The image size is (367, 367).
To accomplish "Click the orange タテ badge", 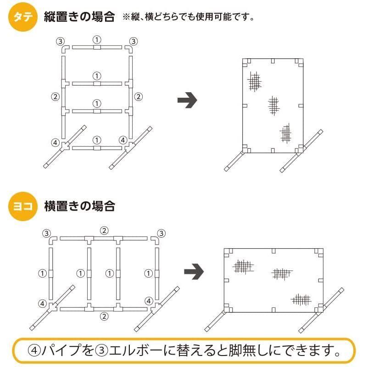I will (22, 18).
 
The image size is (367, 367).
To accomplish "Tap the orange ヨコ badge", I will (22, 206).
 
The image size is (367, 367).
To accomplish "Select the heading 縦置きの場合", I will (79, 17).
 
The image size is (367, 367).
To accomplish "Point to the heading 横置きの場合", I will (79, 206).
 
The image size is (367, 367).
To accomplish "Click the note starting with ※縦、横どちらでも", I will (188, 18).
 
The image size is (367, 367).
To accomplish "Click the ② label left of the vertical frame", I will (56, 97).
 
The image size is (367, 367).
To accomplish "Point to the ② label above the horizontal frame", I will (105, 230).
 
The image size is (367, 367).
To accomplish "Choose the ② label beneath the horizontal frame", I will (105, 316).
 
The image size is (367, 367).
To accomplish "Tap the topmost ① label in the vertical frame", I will (97, 39).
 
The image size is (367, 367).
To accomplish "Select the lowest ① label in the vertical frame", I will (97, 140).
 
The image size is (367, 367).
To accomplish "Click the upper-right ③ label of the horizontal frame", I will (161, 233).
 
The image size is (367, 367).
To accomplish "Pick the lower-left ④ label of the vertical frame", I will (55, 142).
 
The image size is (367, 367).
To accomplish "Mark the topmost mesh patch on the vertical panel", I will (254, 82).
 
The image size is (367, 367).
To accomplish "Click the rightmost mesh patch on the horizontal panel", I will (301, 300).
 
